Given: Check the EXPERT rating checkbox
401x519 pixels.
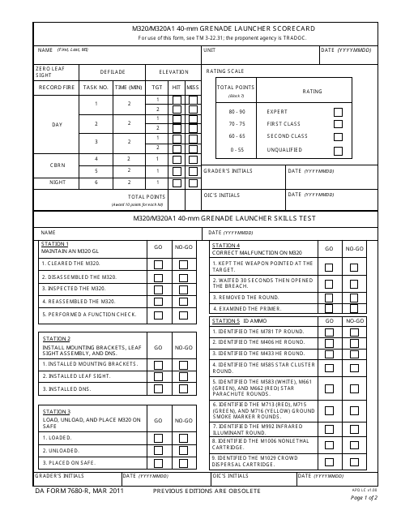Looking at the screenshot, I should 338,111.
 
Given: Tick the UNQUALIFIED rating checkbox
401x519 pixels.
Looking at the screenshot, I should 338,150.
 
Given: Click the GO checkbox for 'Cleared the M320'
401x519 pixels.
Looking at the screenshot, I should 159,264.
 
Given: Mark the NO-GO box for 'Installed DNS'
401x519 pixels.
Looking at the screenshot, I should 184,389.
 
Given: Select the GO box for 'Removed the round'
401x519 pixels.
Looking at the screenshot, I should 329,298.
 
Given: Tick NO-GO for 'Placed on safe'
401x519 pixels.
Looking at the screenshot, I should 184,462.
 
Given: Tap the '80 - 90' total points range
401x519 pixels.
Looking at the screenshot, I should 237,111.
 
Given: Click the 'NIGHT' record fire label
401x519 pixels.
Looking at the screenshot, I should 58,183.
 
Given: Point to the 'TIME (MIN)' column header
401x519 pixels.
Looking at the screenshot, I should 128,86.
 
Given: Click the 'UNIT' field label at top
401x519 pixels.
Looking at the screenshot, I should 210,50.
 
